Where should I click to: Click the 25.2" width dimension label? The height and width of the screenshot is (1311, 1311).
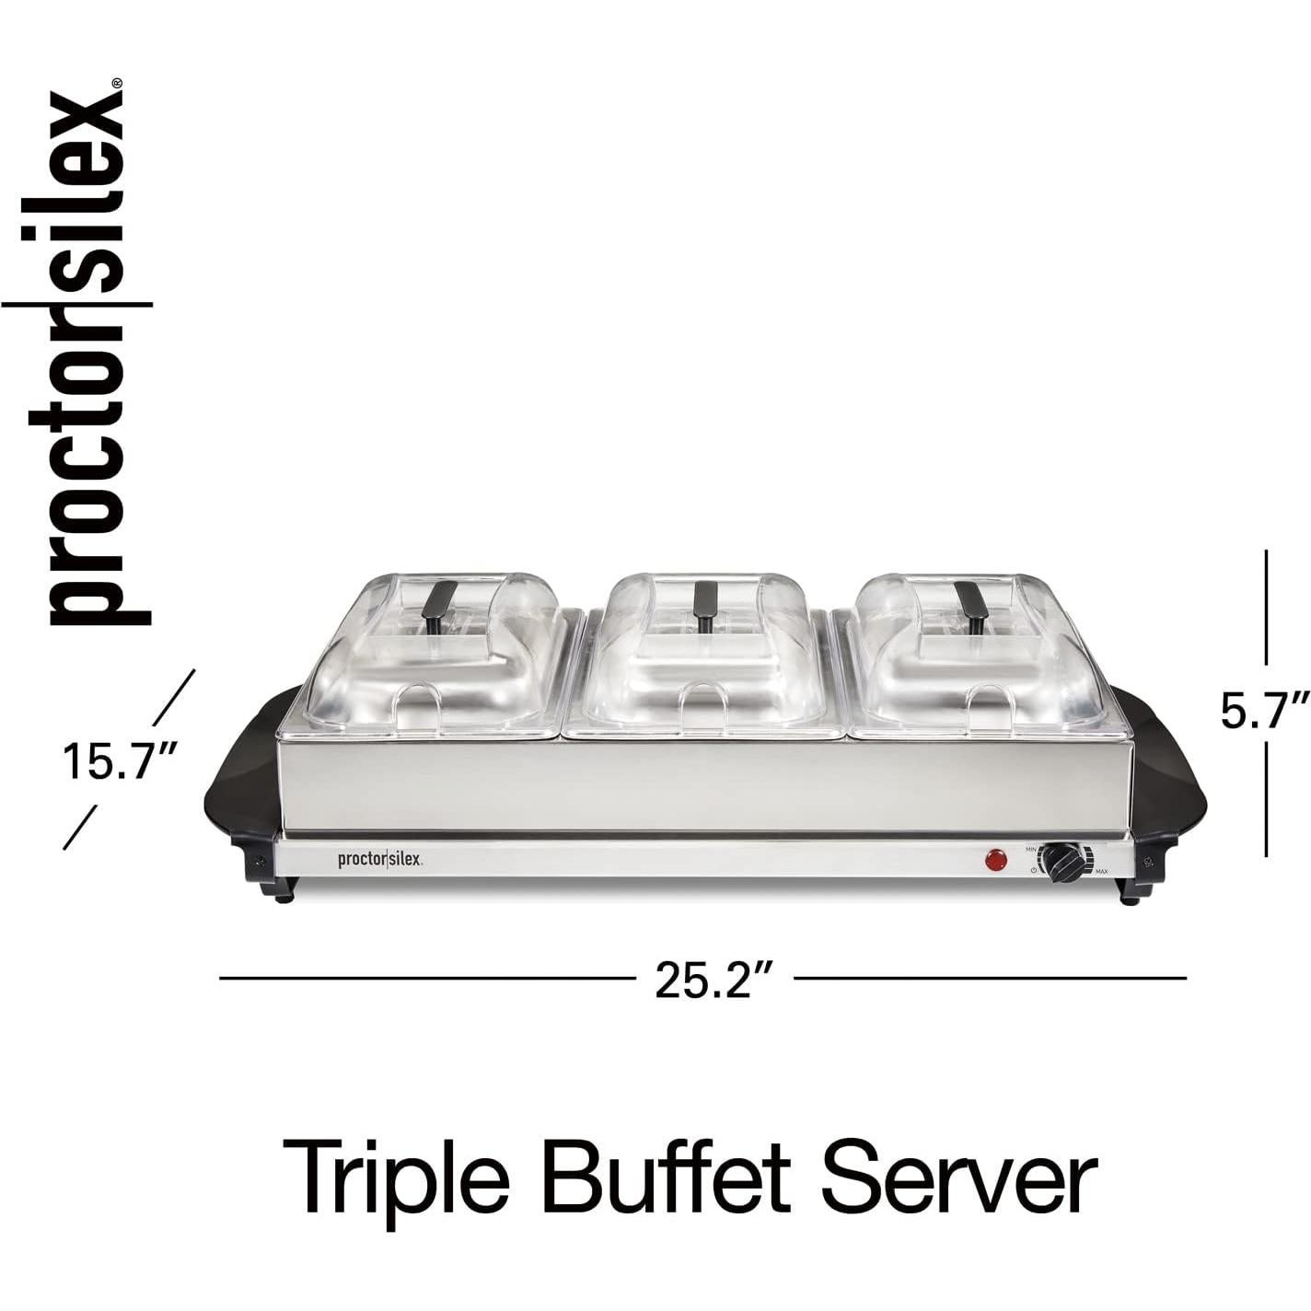712,978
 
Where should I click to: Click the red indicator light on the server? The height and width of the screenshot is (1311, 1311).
995,861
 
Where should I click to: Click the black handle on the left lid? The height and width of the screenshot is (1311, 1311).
440,598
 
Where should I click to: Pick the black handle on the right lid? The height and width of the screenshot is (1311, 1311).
970,598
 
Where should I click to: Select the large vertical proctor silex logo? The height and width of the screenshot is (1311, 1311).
87,354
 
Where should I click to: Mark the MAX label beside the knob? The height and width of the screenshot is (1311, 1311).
1101,872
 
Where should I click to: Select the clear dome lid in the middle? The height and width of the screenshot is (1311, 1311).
705,649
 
